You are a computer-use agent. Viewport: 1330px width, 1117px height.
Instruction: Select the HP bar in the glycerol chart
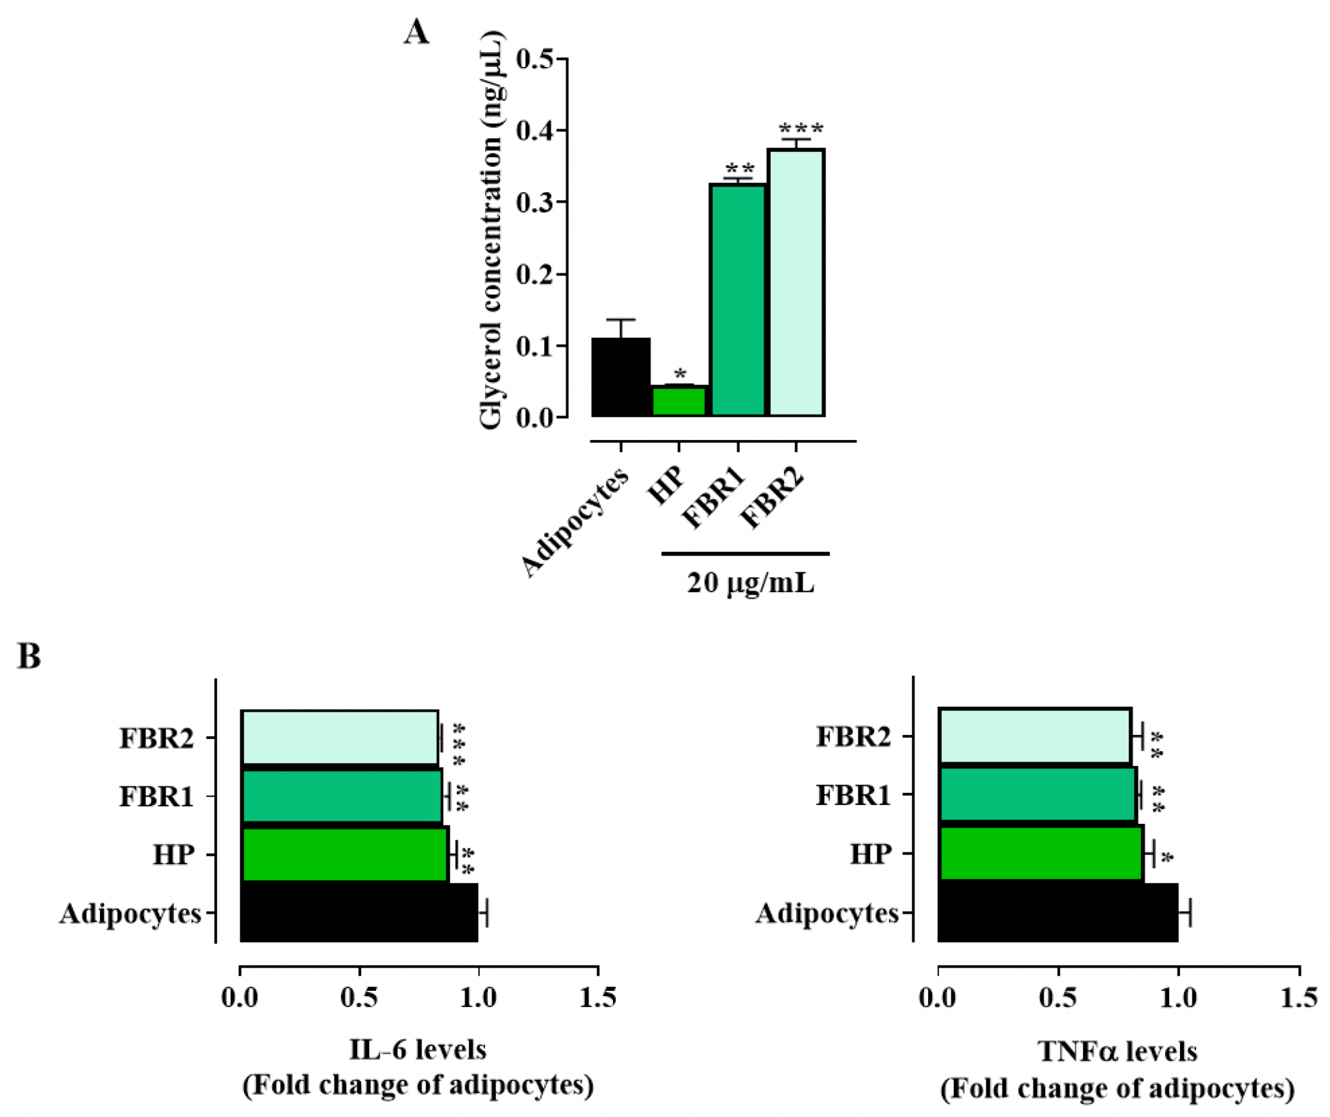point(679,401)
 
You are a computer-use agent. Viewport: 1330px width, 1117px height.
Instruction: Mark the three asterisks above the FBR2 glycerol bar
point(801,128)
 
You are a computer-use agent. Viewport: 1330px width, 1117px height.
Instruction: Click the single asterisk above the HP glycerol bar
point(680,374)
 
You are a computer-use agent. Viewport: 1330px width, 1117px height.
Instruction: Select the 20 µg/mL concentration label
point(750,583)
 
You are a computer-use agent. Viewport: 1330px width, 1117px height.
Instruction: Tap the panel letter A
point(416,32)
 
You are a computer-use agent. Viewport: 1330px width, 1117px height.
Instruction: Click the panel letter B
point(29,656)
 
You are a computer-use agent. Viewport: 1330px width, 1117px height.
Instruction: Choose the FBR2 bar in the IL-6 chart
point(340,738)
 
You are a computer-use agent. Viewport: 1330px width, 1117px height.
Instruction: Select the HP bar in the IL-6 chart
point(344,854)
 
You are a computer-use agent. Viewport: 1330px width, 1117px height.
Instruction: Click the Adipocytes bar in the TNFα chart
point(1058,912)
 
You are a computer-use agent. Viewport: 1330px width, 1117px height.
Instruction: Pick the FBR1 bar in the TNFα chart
point(1037,795)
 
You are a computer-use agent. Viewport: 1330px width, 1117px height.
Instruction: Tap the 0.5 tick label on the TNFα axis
point(1058,998)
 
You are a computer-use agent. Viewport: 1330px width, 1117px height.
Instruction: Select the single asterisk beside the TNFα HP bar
point(1167,858)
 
